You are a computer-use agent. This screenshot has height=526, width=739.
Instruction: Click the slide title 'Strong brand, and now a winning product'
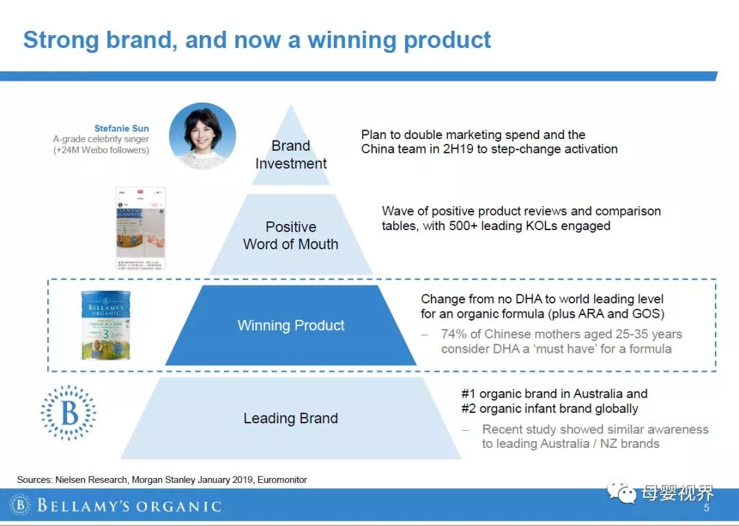click(x=257, y=40)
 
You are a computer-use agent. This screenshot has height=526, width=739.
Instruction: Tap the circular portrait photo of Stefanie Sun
click(x=202, y=136)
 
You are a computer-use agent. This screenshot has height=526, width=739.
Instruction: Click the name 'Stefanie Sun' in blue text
click(x=121, y=128)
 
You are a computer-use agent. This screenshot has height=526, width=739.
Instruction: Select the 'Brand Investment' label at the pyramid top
click(x=291, y=155)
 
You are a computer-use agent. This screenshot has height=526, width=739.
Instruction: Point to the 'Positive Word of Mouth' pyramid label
click(x=291, y=236)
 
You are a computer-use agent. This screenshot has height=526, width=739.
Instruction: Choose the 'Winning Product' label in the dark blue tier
click(x=291, y=325)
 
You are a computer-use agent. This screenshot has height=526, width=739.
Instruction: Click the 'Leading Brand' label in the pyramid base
click(x=291, y=418)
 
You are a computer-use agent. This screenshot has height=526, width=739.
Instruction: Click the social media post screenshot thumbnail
click(x=140, y=228)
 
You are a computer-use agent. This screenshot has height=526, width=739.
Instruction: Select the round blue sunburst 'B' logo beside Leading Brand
click(x=68, y=412)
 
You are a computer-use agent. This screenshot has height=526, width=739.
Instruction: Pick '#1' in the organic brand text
click(x=469, y=394)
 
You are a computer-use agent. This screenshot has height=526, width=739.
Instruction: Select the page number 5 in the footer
click(x=707, y=508)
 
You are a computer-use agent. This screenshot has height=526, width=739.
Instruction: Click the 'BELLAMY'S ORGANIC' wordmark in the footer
click(x=129, y=507)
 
